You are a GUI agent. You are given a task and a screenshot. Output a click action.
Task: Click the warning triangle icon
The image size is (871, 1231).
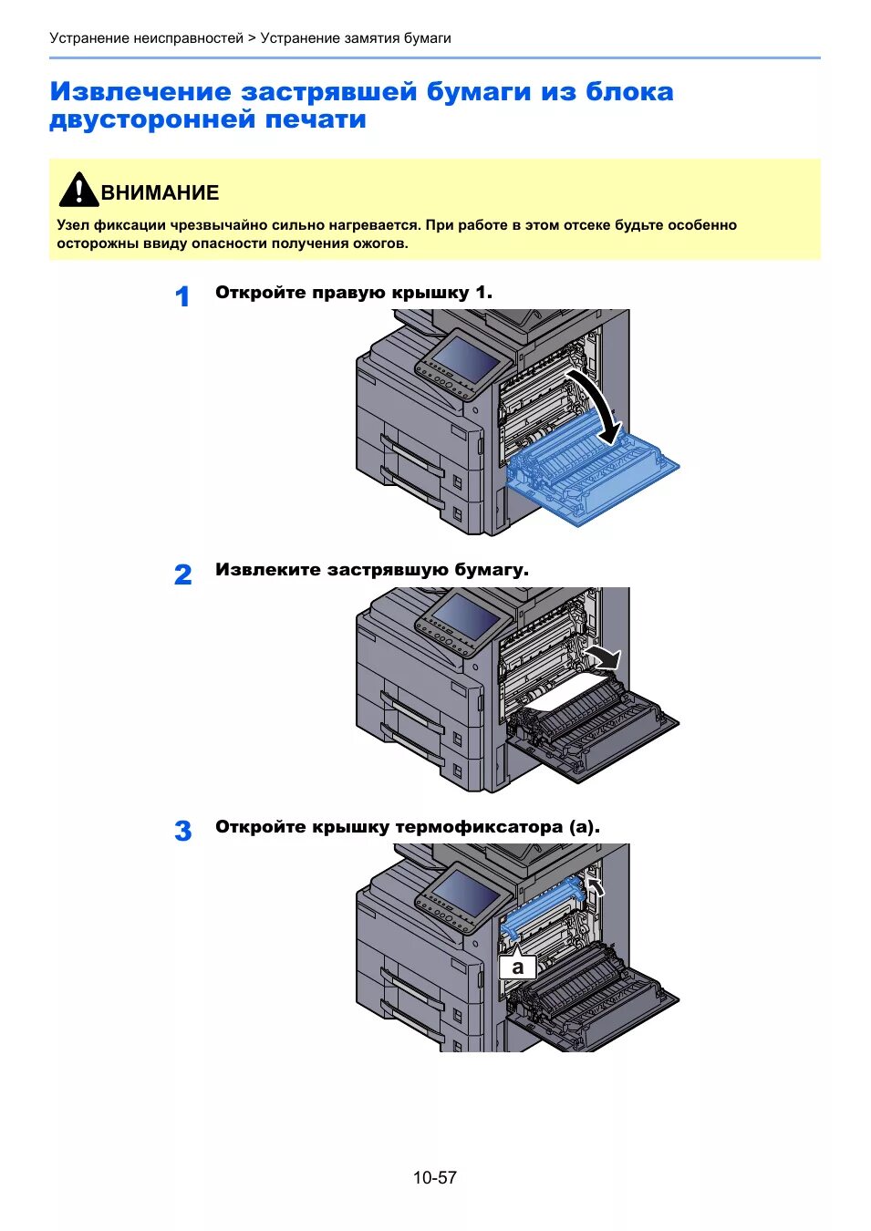[x=78, y=190]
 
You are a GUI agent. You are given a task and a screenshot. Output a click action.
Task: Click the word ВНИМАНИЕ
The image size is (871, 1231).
[x=160, y=193]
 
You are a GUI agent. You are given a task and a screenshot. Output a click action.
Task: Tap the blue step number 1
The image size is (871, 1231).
[x=182, y=296]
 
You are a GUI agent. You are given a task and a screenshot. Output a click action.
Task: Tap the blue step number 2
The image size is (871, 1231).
[x=182, y=574]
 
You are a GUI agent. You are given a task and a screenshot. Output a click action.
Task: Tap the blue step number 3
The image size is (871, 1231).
[x=182, y=831]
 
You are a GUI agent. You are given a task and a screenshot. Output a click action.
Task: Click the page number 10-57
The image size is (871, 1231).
[x=434, y=1177]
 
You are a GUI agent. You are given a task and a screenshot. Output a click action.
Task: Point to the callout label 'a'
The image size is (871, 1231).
[x=518, y=967]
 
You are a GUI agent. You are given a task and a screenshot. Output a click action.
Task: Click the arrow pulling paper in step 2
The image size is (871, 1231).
[x=604, y=656]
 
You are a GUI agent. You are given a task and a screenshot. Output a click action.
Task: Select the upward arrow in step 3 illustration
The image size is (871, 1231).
[x=595, y=885]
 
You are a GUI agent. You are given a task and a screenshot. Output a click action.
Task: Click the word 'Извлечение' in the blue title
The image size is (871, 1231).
[x=140, y=92]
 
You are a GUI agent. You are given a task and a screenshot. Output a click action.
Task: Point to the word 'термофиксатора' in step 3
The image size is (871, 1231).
[x=479, y=827]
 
